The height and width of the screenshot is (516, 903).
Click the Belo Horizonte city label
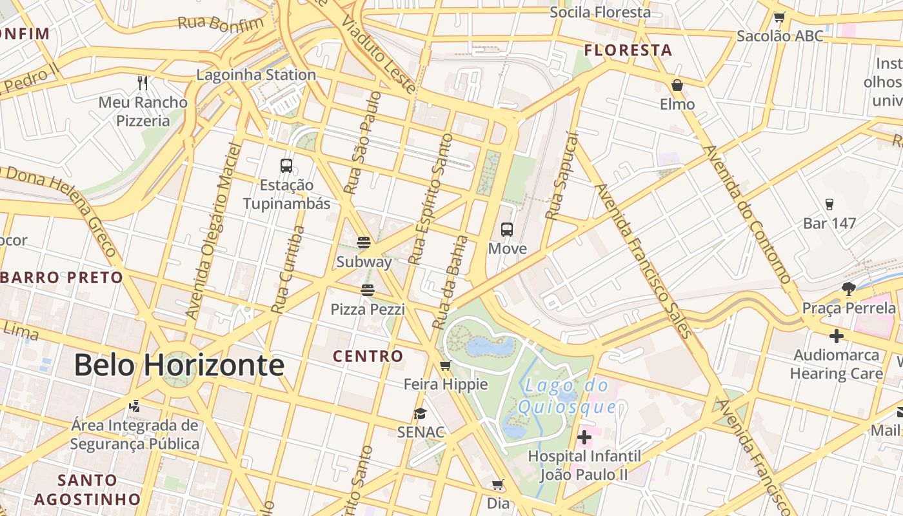(179, 365)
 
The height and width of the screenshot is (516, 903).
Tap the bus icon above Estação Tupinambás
(286, 166)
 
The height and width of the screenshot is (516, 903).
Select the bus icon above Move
(507, 229)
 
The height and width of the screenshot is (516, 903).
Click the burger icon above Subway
(364, 243)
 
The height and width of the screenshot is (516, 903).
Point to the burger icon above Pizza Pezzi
(368, 290)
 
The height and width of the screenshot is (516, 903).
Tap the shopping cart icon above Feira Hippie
(445, 366)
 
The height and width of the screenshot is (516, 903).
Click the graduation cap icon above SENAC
(421, 413)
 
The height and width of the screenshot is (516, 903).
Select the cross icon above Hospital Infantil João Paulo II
(584, 438)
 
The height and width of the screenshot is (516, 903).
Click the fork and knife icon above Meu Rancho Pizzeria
(143, 83)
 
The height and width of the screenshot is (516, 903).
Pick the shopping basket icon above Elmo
(677, 85)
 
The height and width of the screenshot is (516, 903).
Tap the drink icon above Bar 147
(829, 204)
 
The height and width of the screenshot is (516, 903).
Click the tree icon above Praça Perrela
(849, 289)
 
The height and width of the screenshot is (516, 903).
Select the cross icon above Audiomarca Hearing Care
(837, 336)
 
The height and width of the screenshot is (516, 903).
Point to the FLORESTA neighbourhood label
(628, 50)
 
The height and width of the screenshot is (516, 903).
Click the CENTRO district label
(368, 356)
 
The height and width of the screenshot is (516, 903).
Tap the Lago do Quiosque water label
(566, 396)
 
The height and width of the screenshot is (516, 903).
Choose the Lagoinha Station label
(256, 75)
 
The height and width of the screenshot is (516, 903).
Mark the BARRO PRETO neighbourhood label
(62, 278)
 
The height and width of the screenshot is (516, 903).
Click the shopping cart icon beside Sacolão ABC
(779, 17)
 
